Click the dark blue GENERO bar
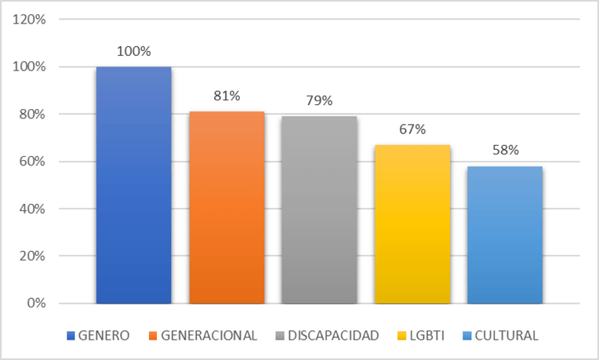[x=133, y=185]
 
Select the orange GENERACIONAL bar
[x=227, y=207]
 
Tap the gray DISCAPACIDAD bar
[x=319, y=209]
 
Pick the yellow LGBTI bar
[x=412, y=224]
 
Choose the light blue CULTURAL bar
[x=505, y=235]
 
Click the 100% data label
[x=133, y=52]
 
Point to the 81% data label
[x=227, y=96]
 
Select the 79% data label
[x=319, y=101]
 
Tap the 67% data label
[x=412, y=129]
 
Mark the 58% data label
[x=505, y=151]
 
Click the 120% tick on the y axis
[x=30, y=20]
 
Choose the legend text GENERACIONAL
[x=209, y=336]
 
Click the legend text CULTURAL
[x=506, y=336]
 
